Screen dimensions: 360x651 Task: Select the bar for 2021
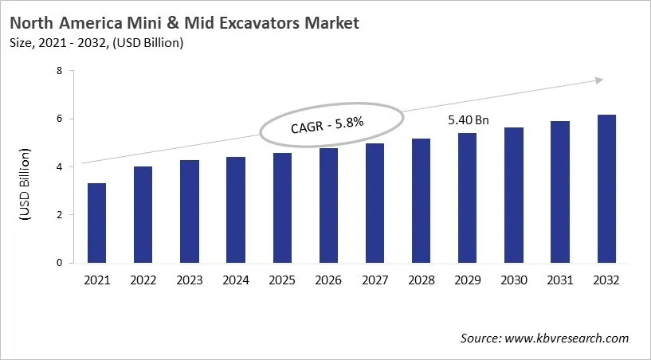pos(96,223)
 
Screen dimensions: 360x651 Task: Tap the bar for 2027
pos(375,203)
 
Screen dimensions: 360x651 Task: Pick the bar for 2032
pos(606,189)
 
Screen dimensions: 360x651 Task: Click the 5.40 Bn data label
pos(467,121)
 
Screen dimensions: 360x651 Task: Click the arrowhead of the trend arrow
pos(599,80)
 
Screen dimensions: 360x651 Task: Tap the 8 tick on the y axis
pos(59,71)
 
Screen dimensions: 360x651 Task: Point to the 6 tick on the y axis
pos(59,119)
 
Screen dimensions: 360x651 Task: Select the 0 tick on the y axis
pos(59,262)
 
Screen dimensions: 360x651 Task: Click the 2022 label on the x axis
pos(143,280)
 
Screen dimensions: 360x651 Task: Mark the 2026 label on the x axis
pos(328,280)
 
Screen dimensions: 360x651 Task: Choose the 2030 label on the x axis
pos(514,280)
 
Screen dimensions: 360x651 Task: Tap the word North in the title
pos(35,23)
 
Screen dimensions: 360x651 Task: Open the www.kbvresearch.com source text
pos(567,338)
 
